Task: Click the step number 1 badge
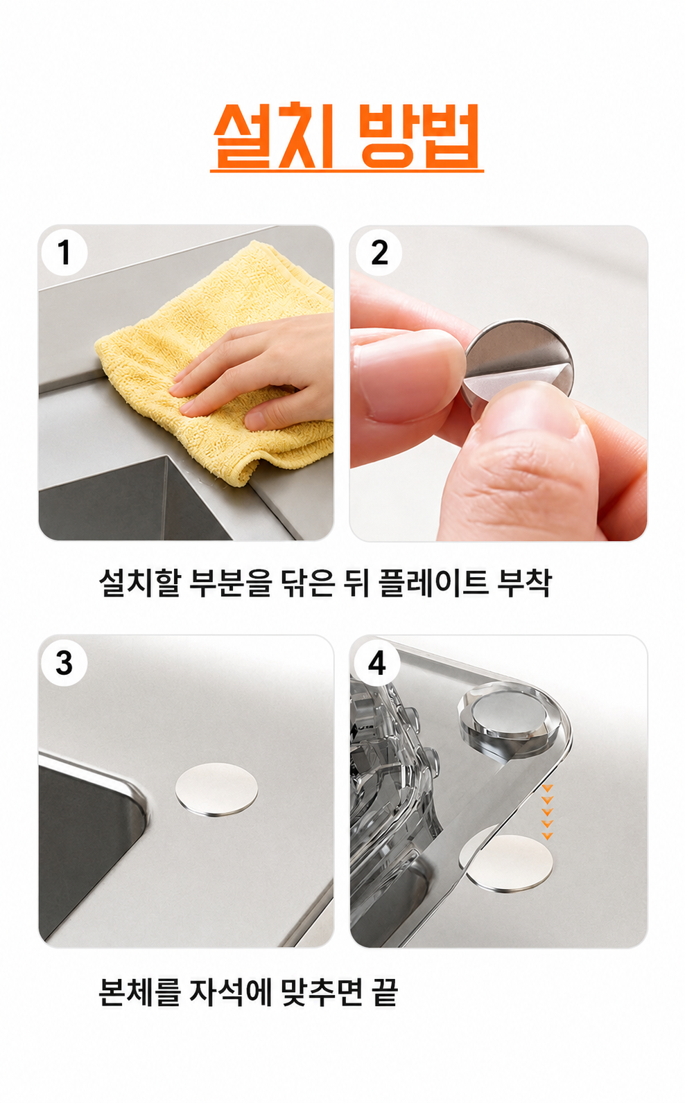click(x=64, y=253)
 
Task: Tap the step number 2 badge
click(x=379, y=253)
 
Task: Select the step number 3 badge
click(x=64, y=663)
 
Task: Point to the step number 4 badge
click(x=377, y=663)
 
